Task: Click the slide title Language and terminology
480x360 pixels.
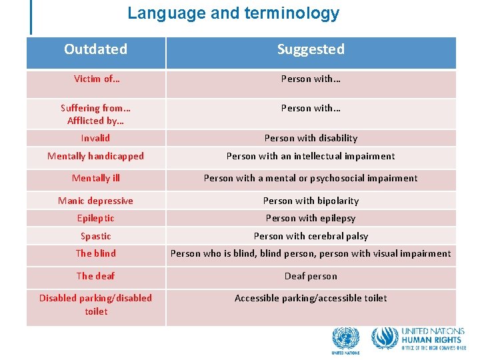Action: pyautogui.click(x=233, y=13)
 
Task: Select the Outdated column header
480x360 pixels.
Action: pyautogui.click(x=96, y=49)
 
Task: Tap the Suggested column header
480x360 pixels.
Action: pyautogui.click(x=311, y=49)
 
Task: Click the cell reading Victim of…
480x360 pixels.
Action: pyautogui.click(x=96, y=79)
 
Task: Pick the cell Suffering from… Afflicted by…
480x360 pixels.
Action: pyautogui.click(x=96, y=114)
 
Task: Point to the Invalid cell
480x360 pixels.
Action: pyautogui.click(x=96, y=138)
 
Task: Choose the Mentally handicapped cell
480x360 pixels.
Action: pyautogui.click(x=96, y=156)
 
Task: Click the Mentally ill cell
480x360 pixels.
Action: pyautogui.click(x=96, y=178)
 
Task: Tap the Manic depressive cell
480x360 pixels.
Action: pyautogui.click(x=96, y=201)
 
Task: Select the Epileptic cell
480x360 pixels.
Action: pyautogui.click(x=96, y=218)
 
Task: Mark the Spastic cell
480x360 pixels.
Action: pyautogui.click(x=96, y=236)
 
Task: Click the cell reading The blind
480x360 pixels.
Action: pyautogui.click(x=96, y=253)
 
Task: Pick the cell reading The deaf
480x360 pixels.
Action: pyautogui.click(x=96, y=276)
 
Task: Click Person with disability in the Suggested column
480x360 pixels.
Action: pyautogui.click(x=311, y=138)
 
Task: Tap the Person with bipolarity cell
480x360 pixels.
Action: pyautogui.click(x=311, y=201)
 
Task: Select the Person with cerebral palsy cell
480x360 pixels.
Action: pyautogui.click(x=311, y=236)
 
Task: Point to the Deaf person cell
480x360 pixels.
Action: pyautogui.click(x=311, y=276)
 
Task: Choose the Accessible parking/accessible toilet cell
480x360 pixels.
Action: pyautogui.click(x=311, y=298)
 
